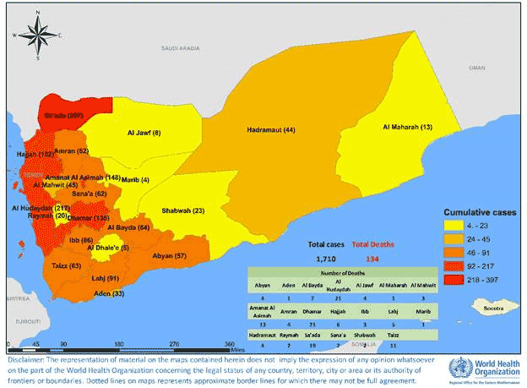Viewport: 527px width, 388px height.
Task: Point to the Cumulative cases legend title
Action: click(481, 212)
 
